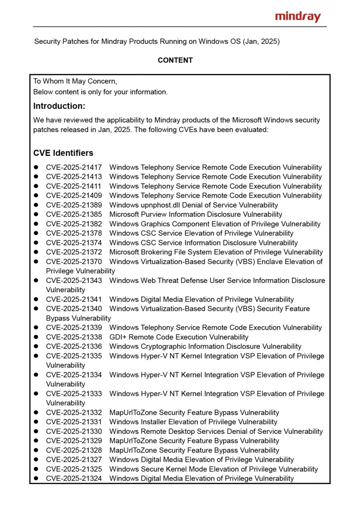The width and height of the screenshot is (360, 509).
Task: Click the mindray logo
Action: point(298,17)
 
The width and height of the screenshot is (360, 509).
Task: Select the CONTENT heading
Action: point(175,60)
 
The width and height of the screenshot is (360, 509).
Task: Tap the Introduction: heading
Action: point(59,106)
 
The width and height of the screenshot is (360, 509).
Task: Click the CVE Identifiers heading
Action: point(63,153)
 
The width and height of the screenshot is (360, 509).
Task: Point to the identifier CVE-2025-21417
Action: point(74,167)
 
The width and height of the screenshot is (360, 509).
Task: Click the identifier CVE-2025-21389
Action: point(74,205)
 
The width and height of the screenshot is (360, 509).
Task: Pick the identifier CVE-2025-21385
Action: point(74,214)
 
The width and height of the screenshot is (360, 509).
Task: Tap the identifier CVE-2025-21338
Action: point(74,337)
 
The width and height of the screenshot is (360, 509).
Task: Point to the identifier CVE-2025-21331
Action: point(74,422)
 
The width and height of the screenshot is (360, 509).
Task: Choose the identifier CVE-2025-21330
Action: point(74,431)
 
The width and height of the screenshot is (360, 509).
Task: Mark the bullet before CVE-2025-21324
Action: point(36,479)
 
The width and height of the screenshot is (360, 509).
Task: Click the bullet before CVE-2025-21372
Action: point(36,252)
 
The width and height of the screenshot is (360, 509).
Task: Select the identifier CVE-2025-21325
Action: point(74,469)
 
